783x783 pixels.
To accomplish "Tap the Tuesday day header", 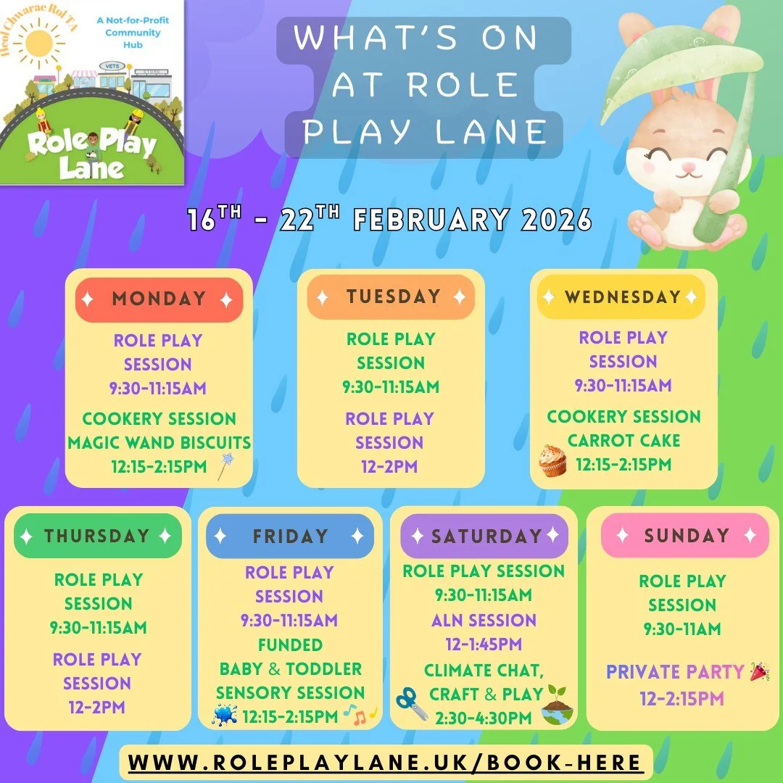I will click(x=391, y=297).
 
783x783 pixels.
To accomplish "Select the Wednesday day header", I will click(x=622, y=297).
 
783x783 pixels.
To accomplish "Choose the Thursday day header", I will click(x=97, y=536).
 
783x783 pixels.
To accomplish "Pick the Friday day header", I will click(x=289, y=536).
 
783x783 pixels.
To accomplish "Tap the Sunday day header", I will click(x=685, y=536).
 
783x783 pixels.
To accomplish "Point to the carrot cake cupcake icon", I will click(x=552, y=461).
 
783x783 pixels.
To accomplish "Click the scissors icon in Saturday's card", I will click(x=411, y=703).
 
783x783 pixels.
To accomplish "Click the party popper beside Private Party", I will click(x=758, y=671).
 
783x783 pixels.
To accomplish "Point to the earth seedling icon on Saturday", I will click(x=557, y=705).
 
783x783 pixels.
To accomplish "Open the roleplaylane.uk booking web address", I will click(x=386, y=763).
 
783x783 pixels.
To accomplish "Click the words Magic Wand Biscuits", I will click(x=159, y=442).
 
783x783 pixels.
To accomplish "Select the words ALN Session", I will click(x=484, y=621).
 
